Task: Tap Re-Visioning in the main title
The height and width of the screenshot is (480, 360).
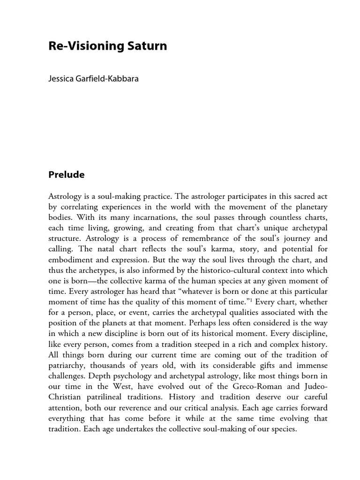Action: [x=84, y=46]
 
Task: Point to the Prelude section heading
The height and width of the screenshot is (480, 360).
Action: [x=67, y=174]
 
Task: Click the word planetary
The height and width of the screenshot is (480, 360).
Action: [x=311, y=207]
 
